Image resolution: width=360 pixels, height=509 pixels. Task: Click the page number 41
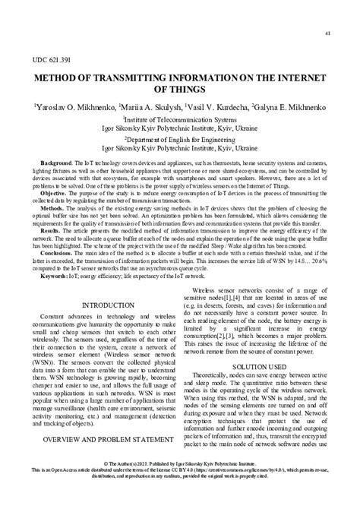(327, 33)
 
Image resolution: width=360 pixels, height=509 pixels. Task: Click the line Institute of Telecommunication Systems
(179, 120)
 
